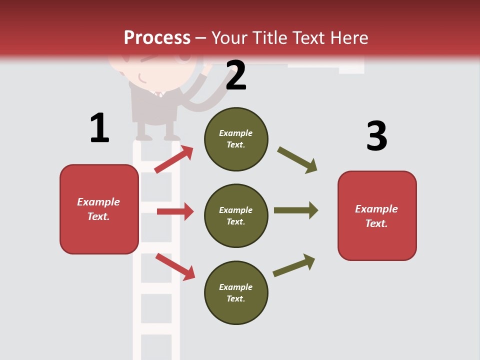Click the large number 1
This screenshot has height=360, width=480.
pyautogui.click(x=99, y=128)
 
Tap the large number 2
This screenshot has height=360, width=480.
pyautogui.click(x=236, y=75)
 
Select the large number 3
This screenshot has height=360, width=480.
pyautogui.click(x=376, y=136)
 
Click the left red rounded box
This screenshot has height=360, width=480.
pyautogui.click(x=99, y=209)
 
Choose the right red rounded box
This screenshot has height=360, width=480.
pyautogui.click(x=377, y=216)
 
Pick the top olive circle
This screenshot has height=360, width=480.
pyautogui.click(x=236, y=139)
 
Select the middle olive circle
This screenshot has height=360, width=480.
pyautogui.click(x=236, y=216)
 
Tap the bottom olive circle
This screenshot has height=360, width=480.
pyautogui.click(x=236, y=293)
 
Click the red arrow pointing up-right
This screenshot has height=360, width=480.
pyautogui.click(x=174, y=159)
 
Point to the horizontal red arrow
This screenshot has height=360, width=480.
pyautogui.click(x=175, y=211)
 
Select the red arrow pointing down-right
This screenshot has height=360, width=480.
pyautogui.click(x=175, y=266)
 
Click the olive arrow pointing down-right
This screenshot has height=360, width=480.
pyautogui.click(x=297, y=160)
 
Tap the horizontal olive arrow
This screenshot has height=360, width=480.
pyautogui.click(x=296, y=210)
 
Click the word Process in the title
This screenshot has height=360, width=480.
pyautogui.click(x=157, y=37)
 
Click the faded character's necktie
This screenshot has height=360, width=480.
pyautogui.click(x=159, y=94)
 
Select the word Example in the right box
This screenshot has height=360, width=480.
pyautogui.click(x=376, y=209)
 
